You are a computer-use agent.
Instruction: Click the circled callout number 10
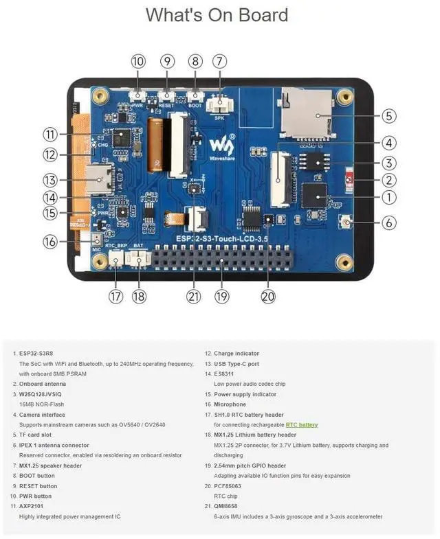point(138,61)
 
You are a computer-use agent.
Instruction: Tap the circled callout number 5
point(388,116)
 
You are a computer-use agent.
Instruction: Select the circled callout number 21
point(193,297)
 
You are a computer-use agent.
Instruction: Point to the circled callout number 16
point(50,242)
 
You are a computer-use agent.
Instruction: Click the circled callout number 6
point(388,222)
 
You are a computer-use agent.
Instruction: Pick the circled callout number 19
point(221,297)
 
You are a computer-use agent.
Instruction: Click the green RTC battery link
point(302,425)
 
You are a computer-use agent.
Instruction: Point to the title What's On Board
point(217,15)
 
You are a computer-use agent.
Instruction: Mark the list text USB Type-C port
point(236,363)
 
